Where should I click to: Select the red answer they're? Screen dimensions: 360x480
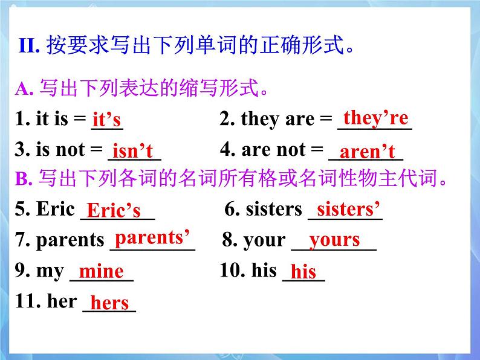pos(375,117)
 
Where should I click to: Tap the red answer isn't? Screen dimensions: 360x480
pos(132,151)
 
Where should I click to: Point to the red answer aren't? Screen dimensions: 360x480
pos(367,152)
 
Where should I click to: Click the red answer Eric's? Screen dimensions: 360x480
pos(114,210)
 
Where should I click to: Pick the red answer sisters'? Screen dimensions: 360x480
pos(348,209)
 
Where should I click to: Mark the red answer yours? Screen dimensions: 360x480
pos(334,240)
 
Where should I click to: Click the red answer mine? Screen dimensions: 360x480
pos(101,271)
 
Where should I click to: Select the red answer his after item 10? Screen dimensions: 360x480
pos(303,272)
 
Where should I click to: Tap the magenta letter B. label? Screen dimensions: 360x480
pos(24,179)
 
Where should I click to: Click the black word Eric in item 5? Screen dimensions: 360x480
pos(55,209)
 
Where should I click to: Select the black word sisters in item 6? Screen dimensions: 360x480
pos(273,209)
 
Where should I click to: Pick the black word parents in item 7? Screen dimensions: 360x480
pos(70,240)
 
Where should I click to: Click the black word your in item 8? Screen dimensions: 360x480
pos(264,240)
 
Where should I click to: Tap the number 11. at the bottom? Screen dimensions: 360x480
pos(28,301)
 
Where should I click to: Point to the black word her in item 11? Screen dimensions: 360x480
pos(62,301)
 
